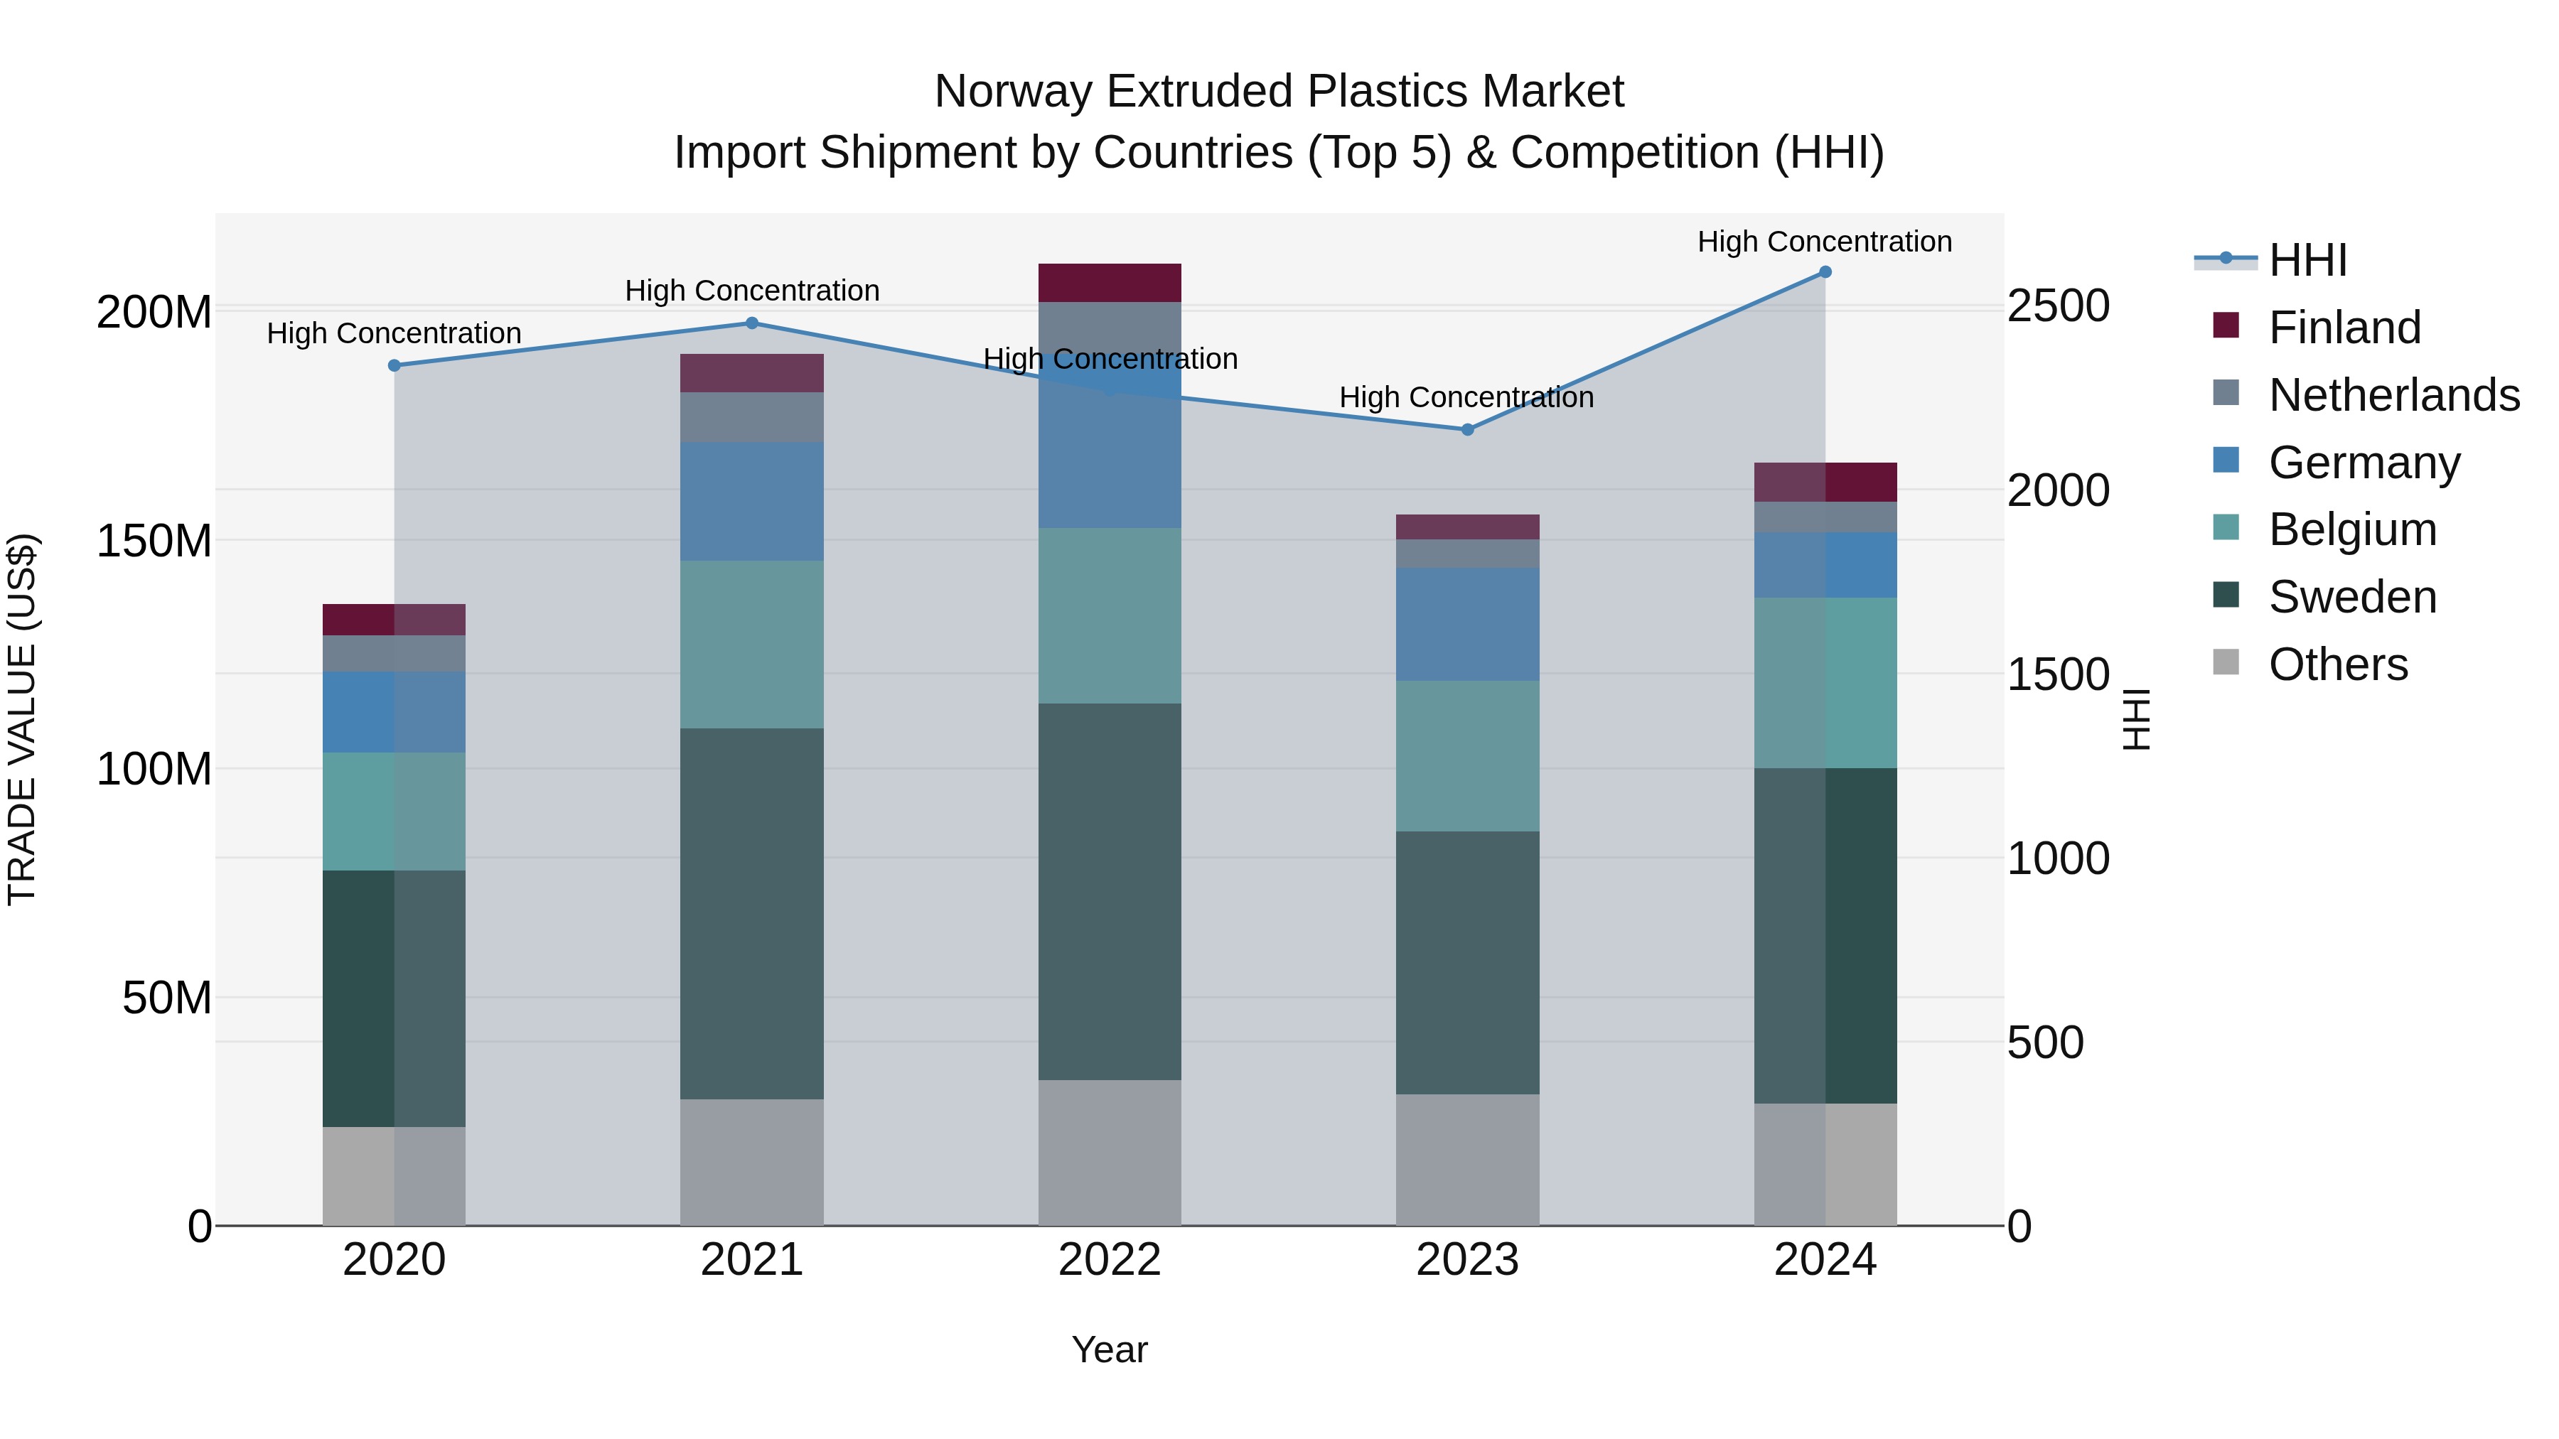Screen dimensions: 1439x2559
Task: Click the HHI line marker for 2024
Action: pos(1825,272)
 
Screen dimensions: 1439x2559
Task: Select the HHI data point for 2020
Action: pos(395,365)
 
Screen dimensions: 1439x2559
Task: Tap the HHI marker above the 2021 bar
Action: pos(752,323)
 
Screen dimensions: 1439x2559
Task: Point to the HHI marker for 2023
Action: pos(1467,430)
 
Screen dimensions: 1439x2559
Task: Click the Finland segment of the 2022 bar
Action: pos(1110,283)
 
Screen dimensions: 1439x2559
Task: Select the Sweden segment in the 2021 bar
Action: pos(752,914)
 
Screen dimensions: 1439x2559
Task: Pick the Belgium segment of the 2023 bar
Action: pos(1467,756)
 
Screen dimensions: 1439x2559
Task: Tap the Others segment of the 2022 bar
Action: pos(1110,1152)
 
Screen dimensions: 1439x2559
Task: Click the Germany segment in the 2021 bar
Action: pos(752,502)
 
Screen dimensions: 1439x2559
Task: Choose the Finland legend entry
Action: pos(2344,327)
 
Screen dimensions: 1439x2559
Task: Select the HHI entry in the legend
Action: pos(2307,260)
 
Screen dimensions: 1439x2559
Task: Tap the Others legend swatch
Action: pos(2226,662)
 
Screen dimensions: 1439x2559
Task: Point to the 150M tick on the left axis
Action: pos(154,541)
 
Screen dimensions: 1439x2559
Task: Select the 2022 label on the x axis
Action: pos(1110,1260)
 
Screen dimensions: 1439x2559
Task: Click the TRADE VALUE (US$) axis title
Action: pos(23,719)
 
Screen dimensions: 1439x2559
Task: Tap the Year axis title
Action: pos(1110,1349)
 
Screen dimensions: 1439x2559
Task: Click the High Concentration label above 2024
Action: pos(1824,242)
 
